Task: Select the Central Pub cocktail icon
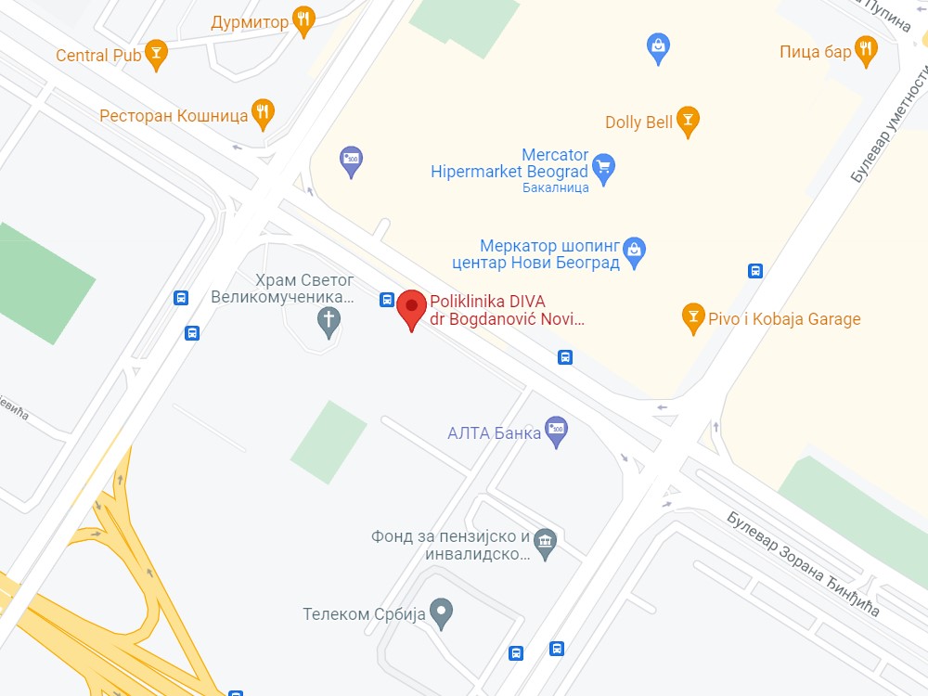coord(157,55)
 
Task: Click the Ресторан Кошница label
coord(174,116)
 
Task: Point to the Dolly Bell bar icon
coord(688,120)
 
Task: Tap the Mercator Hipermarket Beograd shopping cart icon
coord(604,168)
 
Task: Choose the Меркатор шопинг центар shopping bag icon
coord(634,250)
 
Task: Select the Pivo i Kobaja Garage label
coord(784,319)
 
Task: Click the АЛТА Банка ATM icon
coord(556,430)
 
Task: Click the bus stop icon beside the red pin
coord(387,299)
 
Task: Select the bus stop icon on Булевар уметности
coord(755,271)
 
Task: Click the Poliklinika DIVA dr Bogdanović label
coord(507,310)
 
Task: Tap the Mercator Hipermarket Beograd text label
coord(509,163)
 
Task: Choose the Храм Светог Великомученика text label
coord(282,289)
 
